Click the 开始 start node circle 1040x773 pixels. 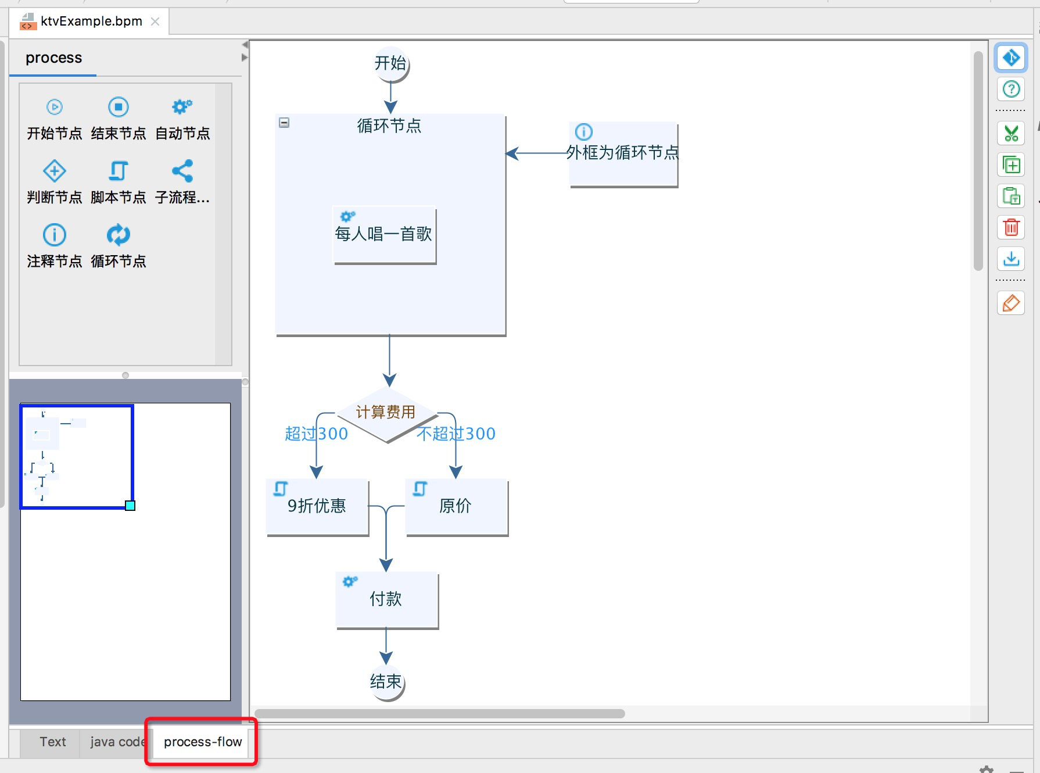[x=390, y=63]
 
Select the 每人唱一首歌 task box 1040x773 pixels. [x=384, y=234]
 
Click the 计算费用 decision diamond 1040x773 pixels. [x=386, y=413]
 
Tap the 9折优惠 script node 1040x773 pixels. [x=317, y=506]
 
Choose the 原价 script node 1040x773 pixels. [x=456, y=506]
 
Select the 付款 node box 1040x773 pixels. [x=386, y=599]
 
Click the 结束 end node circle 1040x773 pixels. [x=386, y=682]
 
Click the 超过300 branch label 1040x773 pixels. [x=316, y=434]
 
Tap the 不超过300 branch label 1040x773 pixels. [x=456, y=434]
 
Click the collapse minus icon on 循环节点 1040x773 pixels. [x=284, y=123]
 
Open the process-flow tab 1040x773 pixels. [x=202, y=742]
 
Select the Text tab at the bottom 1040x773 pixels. [x=52, y=742]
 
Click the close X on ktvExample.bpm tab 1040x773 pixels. [x=155, y=22]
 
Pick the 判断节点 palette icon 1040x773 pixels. [x=55, y=171]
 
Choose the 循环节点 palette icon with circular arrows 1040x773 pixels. [x=119, y=235]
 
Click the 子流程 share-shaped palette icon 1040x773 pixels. [x=182, y=171]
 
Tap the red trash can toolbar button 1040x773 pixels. [x=1011, y=227]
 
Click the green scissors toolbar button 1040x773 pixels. [x=1011, y=134]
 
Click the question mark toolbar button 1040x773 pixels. [x=1011, y=89]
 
